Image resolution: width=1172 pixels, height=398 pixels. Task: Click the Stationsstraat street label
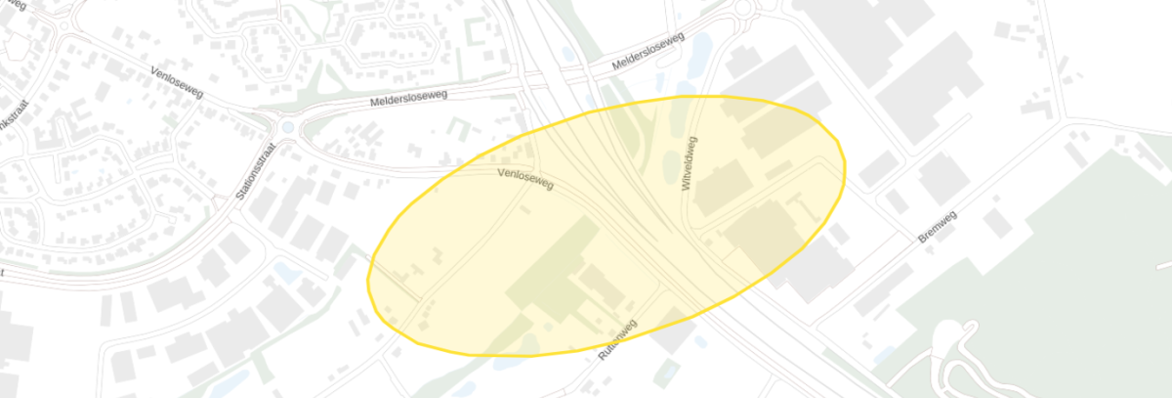(257, 169)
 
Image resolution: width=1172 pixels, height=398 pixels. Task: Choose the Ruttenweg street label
(616, 342)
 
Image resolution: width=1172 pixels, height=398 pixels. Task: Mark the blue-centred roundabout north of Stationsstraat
(286, 127)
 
